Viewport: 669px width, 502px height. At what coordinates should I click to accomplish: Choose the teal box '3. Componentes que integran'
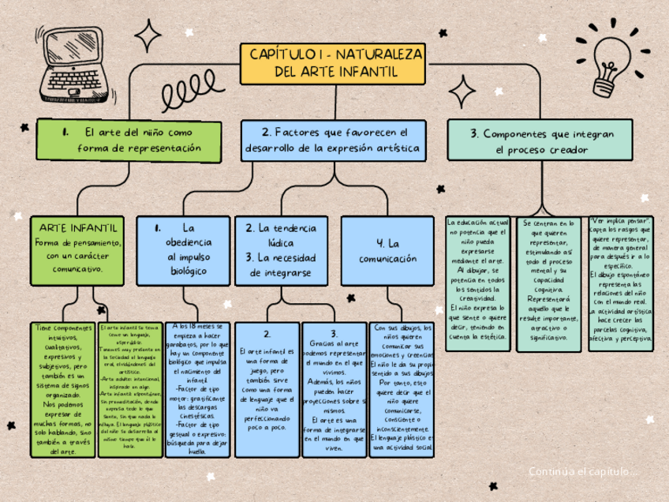click(x=542, y=140)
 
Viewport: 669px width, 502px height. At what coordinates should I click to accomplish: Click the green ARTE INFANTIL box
click(x=77, y=249)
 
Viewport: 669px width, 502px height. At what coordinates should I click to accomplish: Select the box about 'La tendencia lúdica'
click(x=280, y=249)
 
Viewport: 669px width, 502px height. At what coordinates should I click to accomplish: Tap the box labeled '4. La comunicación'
click(x=387, y=249)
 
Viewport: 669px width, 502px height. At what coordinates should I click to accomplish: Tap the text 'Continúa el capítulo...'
click(x=583, y=471)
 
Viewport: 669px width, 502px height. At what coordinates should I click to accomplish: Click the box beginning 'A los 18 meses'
click(x=197, y=389)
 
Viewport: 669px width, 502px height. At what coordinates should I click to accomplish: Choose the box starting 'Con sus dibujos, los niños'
click(x=401, y=389)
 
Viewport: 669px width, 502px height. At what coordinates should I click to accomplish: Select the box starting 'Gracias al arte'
click(x=334, y=389)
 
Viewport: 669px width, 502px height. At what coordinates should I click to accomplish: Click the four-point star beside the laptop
click(x=148, y=36)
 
